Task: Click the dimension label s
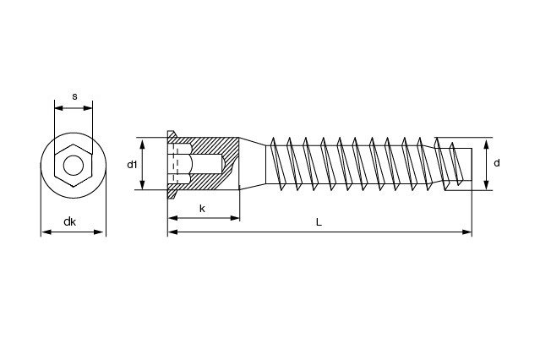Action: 74,97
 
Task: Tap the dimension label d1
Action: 132,164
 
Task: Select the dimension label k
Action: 202,208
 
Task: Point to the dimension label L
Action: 319,222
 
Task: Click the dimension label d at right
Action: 497,162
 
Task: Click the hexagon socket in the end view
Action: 74,163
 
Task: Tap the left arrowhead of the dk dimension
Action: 44,232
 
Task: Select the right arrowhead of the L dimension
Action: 468,231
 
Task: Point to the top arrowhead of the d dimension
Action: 488,141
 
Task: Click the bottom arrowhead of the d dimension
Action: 488,188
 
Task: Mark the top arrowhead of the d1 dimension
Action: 143,141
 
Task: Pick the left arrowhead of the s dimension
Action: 57,106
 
